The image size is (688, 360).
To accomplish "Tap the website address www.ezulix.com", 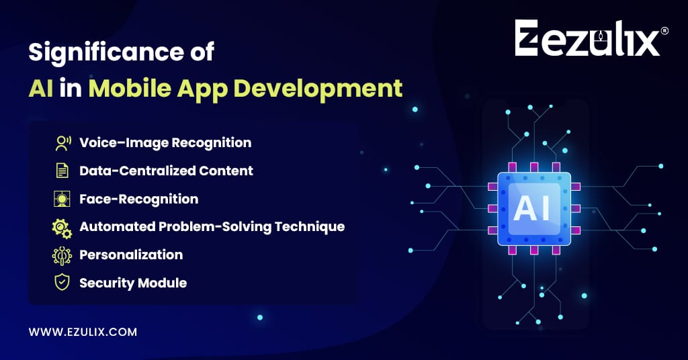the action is tap(83, 332).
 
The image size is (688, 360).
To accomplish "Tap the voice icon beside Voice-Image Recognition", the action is tap(63, 143).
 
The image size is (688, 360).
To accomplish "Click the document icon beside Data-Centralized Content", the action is tap(62, 171).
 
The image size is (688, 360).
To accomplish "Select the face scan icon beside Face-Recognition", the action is tap(62, 199).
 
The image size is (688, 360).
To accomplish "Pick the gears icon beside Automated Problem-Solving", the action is tap(62, 228).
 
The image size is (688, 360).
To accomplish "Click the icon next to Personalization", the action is tap(62, 256).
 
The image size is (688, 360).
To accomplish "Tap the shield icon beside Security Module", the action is tap(62, 282).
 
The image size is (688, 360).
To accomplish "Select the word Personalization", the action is tap(131, 255).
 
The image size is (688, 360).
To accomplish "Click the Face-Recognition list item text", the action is tap(138, 199).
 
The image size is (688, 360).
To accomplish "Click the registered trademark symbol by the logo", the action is tap(664, 31).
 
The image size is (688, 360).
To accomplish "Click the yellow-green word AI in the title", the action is tap(41, 88).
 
